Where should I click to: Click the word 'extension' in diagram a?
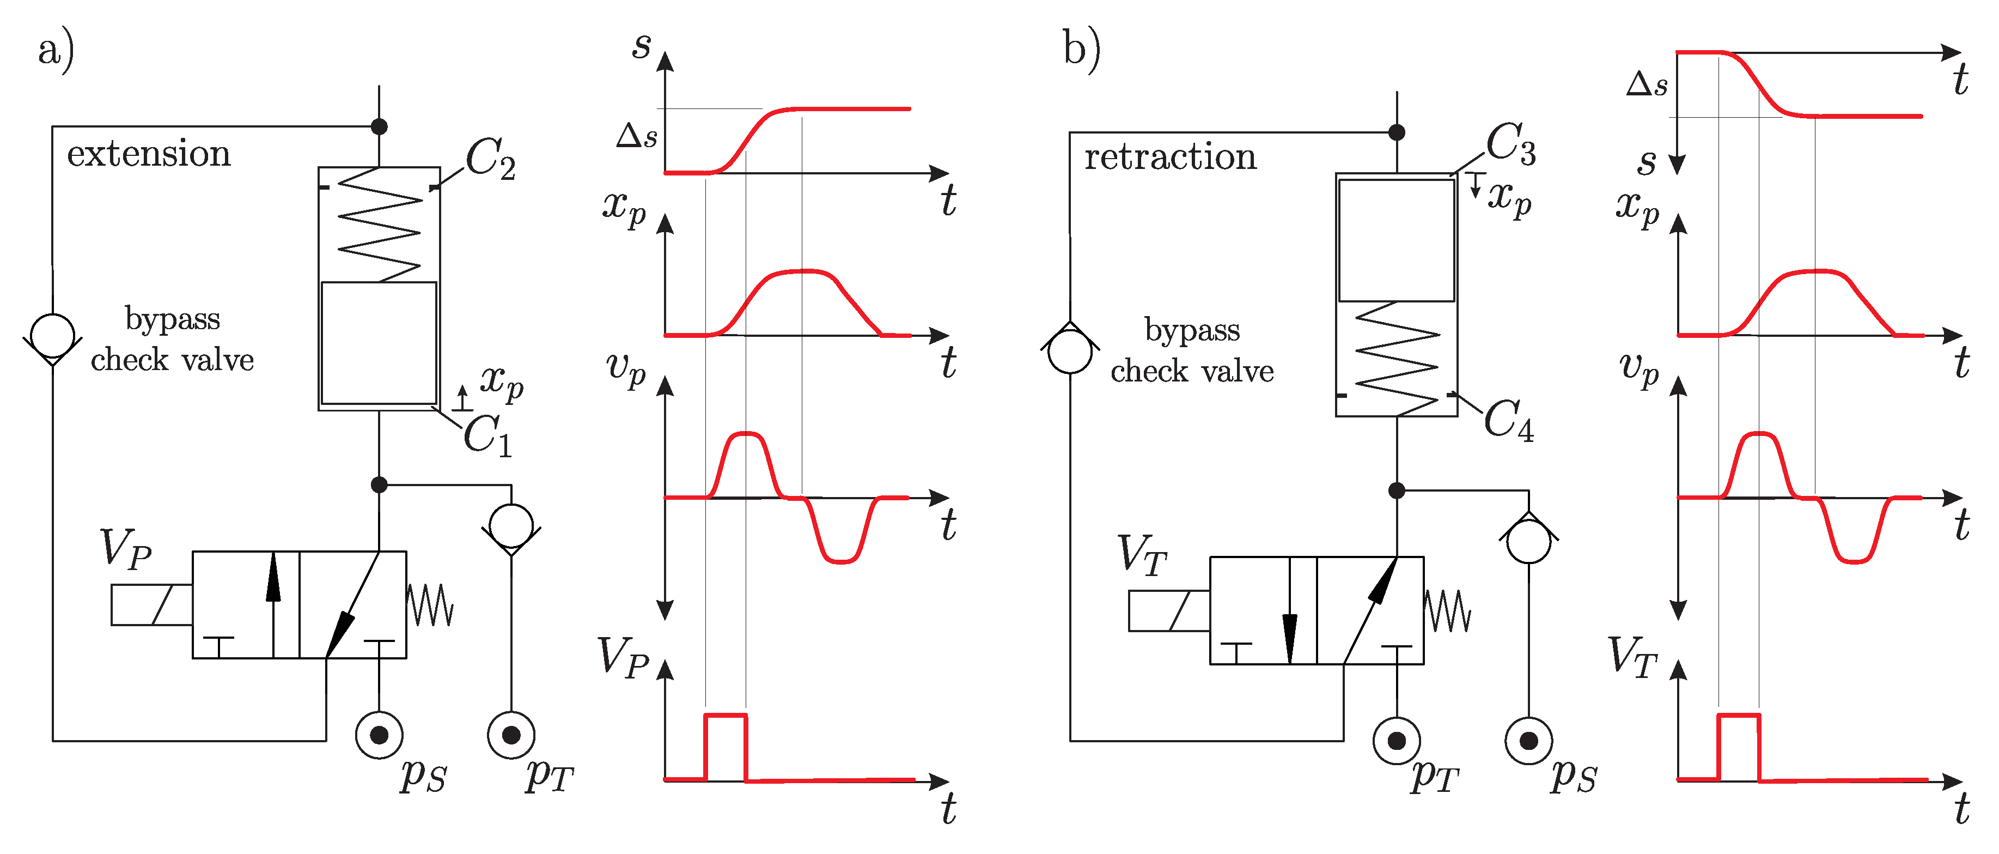pyautogui.click(x=149, y=154)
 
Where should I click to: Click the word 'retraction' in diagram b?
pyautogui.click(x=1170, y=157)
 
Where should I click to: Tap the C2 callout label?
pyautogui.click(x=490, y=159)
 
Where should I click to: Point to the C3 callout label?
pyautogui.click(x=1510, y=144)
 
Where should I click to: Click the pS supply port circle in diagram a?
pyautogui.click(x=379, y=735)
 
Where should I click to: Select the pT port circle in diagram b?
pyautogui.click(x=1397, y=741)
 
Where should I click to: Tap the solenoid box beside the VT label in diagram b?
pyautogui.click(x=1169, y=611)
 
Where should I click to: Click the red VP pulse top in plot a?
pyautogui.click(x=726, y=715)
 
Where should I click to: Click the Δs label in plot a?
pyautogui.click(x=636, y=136)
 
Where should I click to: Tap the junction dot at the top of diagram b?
pyautogui.click(x=1397, y=132)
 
